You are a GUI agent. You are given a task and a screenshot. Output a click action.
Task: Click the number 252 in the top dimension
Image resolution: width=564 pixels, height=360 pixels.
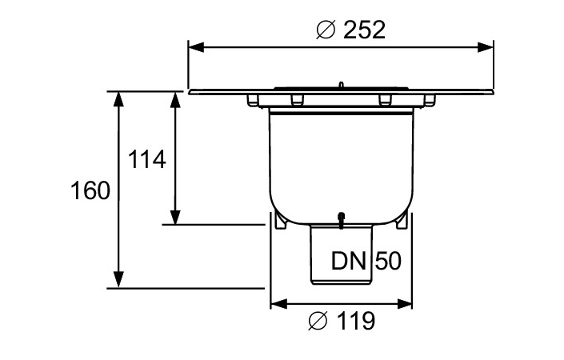364,30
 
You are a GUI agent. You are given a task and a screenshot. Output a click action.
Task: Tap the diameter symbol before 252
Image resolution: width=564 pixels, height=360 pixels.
325,30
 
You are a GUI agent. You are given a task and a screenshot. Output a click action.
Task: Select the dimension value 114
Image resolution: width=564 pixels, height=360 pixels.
147,159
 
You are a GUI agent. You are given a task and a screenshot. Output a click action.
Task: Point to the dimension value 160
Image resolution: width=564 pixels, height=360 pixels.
90,191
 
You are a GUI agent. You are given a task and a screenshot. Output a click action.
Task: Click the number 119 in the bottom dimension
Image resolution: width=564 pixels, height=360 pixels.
353,322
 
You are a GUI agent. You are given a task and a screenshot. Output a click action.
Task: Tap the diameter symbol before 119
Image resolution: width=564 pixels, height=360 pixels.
317,322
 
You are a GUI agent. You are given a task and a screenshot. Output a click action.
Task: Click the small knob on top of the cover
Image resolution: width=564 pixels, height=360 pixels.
341,84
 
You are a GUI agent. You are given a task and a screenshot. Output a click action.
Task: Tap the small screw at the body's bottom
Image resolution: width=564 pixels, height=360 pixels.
341,218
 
